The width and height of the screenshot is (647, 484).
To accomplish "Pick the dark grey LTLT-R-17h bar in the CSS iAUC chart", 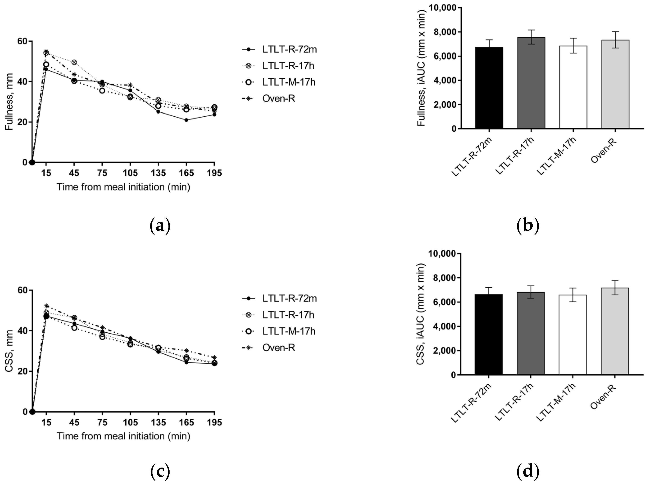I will coord(531,333).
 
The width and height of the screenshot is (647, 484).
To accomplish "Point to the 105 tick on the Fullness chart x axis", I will coord(130,173).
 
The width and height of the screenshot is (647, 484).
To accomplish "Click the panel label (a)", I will coord(160,226).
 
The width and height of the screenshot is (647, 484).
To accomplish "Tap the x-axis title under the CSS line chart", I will coord(123,436).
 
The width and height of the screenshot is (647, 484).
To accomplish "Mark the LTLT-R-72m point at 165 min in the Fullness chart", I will coord(186,120).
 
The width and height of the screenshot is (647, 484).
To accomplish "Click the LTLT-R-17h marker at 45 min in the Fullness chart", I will coord(74,62).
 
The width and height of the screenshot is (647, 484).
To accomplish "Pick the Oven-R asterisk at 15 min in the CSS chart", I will coord(46,306).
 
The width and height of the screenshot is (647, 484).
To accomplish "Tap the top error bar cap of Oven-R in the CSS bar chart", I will coord(615,280).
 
